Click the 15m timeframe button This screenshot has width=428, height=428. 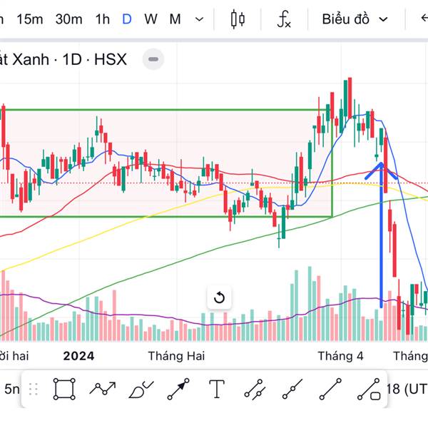click(29, 19)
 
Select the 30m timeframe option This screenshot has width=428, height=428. click(68, 19)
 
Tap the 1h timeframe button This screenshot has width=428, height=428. click(102, 19)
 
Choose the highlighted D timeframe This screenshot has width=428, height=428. click(126, 19)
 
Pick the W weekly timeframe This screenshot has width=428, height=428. click(151, 19)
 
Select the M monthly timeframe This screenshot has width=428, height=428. click(175, 19)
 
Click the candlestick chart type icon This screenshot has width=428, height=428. click(238, 19)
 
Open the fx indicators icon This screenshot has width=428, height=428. click(284, 19)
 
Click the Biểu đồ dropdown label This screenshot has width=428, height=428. click(345, 19)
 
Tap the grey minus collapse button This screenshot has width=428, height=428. click(153, 59)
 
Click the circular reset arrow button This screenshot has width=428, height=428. click(220, 297)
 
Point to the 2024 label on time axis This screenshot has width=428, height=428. click(78, 355)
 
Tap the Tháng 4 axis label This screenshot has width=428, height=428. click(340, 355)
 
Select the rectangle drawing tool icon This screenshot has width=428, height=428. click(63, 389)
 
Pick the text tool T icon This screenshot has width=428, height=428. click(217, 389)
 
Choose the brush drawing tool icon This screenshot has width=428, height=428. click(141, 389)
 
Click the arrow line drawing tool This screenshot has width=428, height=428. click(178, 389)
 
